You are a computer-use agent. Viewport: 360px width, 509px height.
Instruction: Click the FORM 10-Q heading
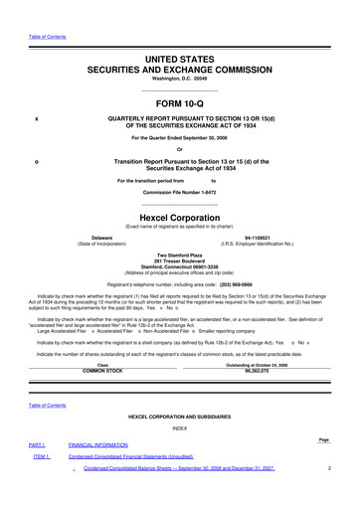point(180,105)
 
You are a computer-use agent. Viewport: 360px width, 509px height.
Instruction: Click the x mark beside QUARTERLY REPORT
point(36,120)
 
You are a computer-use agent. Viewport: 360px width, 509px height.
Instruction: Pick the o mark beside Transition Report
point(36,160)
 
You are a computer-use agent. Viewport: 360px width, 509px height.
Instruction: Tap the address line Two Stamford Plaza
point(180,255)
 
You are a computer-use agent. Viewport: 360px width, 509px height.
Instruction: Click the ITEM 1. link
point(42,456)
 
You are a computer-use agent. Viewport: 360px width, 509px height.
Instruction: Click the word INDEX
point(180,428)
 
